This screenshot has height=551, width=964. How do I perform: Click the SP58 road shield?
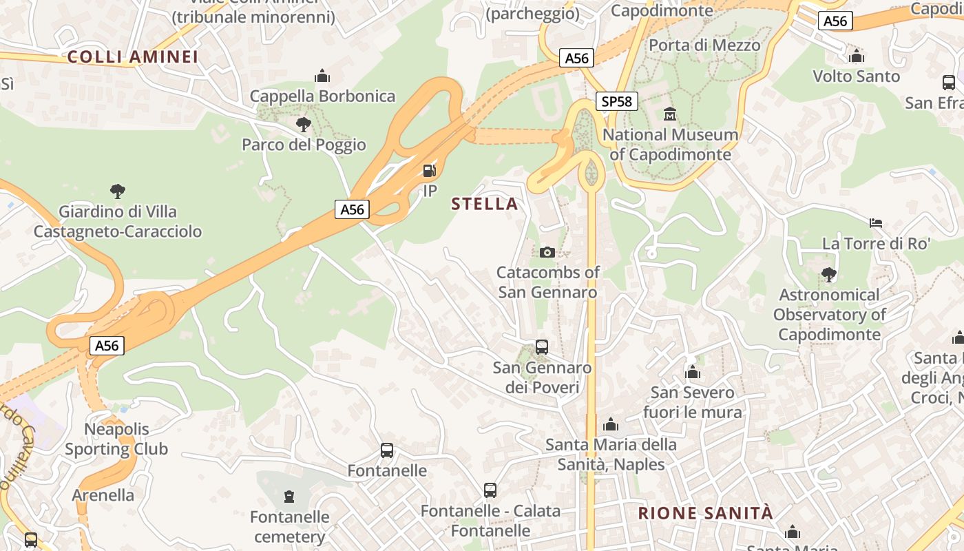[x=616, y=102]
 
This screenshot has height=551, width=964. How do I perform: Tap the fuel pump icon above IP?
[x=429, y=170]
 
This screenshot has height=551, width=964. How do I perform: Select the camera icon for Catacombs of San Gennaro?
[x=547, y=252]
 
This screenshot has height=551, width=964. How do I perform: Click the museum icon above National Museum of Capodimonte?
[x=670, y=114]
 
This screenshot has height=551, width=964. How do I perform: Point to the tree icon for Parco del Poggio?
[x=303, y=125]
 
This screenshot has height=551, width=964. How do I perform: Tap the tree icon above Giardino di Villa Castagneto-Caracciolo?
[x=118, y=191]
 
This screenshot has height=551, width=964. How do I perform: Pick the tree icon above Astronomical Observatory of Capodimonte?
[x=829, y=275]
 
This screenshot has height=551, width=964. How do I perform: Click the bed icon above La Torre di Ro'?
[x=876, y=223]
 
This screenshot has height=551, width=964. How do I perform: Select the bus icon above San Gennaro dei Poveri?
[x=542, y=347]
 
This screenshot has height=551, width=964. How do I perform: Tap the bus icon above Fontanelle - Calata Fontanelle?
[x=490, y=490]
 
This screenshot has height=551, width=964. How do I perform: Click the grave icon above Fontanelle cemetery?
[x=289, y=496]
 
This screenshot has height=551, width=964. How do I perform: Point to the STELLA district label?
[x=485, y=204]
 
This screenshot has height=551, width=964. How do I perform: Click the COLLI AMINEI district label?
[x=133, y=57]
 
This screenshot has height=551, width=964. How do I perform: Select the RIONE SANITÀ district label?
[x=706, y=513]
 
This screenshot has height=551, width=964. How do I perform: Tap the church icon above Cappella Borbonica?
[x=322, y=76]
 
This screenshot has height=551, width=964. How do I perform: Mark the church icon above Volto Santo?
[x=857, y=56]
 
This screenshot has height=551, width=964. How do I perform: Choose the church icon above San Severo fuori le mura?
[x=693, y=373]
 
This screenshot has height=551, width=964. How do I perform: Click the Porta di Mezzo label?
[x=704, y=45]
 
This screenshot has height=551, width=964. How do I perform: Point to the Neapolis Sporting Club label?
[x=116, y=439]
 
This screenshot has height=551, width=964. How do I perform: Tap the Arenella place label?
[x=103, y=495]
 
